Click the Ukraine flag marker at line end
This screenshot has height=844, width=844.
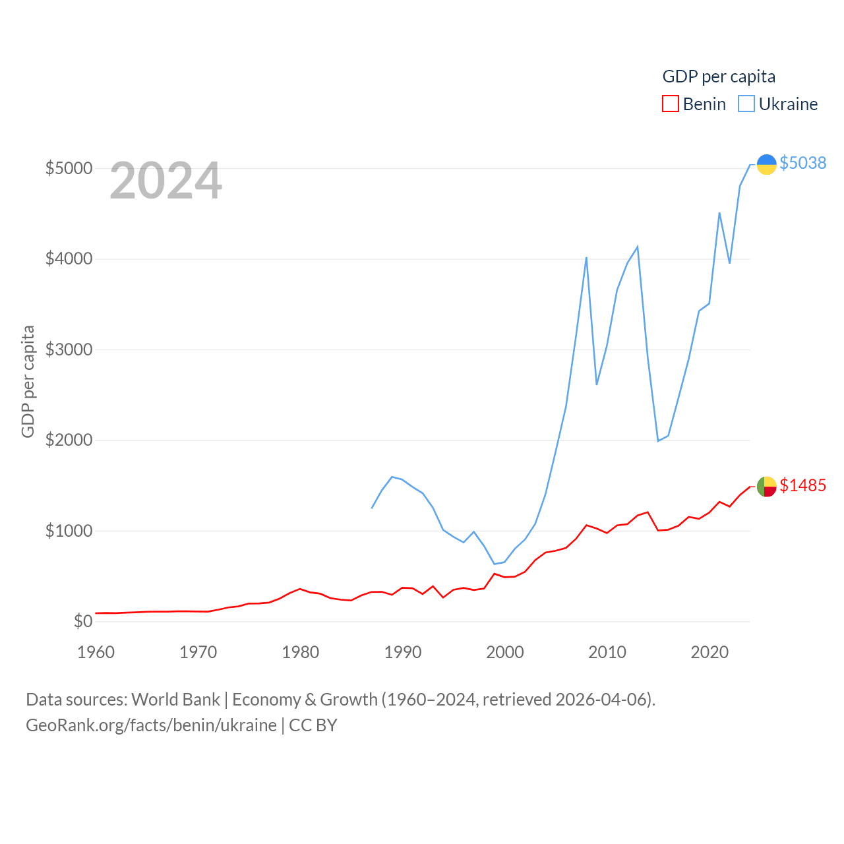pos(766,164)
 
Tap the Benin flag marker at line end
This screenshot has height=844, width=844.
pos(766,487)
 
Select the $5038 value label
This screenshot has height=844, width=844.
pos(802,163)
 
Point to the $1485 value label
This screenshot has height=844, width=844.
pos(802,485)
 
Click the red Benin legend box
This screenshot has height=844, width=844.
pos(671,104)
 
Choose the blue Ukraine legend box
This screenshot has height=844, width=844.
pos(746,104)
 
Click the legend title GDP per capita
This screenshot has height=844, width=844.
pos(719,76)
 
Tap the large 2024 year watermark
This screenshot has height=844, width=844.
pos(166,181)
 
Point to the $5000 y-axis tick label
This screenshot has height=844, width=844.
pos(69,168)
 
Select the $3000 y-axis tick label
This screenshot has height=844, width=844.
pos(69,349)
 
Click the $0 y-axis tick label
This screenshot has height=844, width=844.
pos(83,621)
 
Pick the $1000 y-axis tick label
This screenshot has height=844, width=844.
pos(69,531)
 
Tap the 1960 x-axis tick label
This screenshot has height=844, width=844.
pos(96,652)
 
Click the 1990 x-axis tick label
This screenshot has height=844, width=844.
pos(403,652)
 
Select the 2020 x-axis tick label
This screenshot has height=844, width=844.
pos(709,652)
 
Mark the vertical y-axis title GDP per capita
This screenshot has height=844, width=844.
pos(28,381)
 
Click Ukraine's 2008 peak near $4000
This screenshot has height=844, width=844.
pos(586,258)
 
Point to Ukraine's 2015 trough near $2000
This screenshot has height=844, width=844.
pos(658,440)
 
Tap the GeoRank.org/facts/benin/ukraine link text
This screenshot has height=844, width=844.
pos(151,725)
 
